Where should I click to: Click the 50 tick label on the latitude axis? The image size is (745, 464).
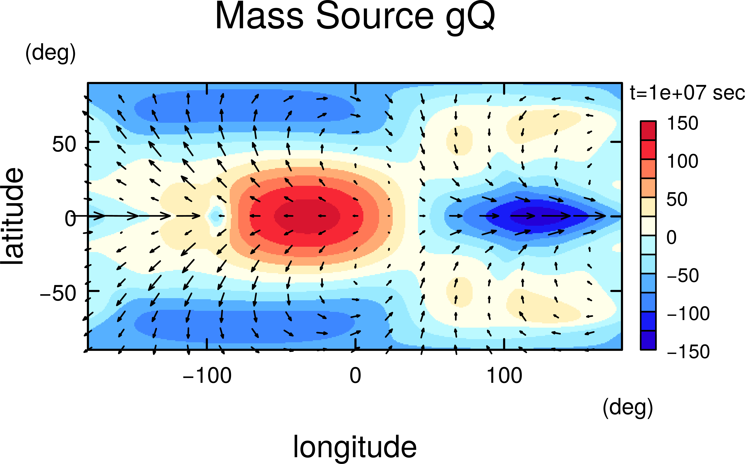point(64,144)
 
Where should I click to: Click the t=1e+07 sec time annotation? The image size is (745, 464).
point(687,93)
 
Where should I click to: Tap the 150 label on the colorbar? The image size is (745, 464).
point(682,123)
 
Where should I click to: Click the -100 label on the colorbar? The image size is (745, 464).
point(688,314)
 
